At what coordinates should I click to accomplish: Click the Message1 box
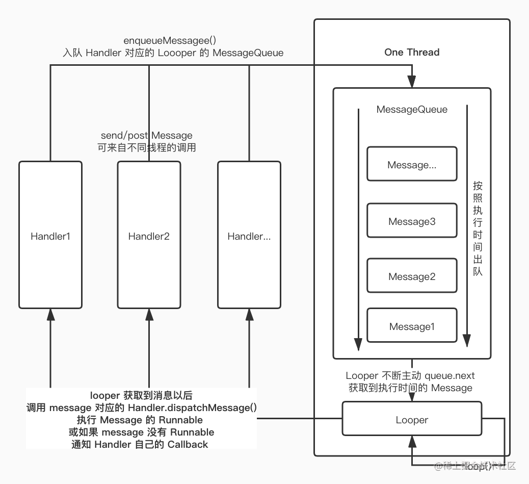click(412, 326)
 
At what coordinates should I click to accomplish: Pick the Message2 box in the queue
click(412, 276)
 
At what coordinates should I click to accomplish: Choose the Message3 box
click(412, 221)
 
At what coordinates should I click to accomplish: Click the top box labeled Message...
click(412, 164)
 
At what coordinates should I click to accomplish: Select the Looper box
click(412, 420)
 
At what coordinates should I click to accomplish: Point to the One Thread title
click(412, 52)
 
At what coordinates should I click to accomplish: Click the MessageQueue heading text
click(412, 109)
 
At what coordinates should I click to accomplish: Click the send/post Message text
click(147, 135)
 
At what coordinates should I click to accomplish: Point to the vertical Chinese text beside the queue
click(477, 228)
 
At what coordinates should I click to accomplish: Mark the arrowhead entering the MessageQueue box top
click(411, 82)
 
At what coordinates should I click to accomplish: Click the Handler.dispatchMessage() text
click(192, 408)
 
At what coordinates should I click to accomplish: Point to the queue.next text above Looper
click(449, 376)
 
